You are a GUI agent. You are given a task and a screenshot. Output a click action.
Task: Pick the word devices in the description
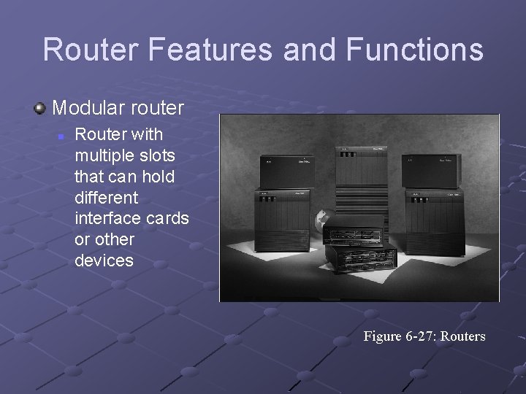[x=104, y=260]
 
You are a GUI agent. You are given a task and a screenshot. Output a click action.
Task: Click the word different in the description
[x=105, y=198]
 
